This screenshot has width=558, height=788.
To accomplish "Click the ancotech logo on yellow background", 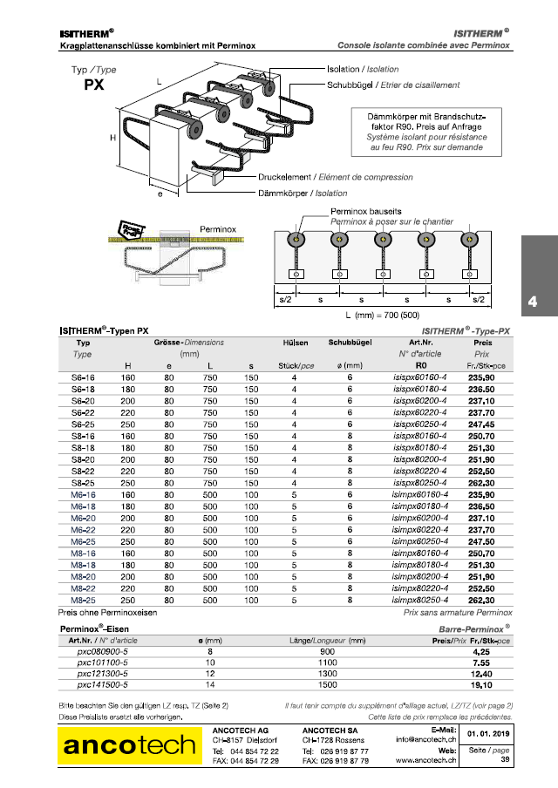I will pyautogui.click(x=128, y=745).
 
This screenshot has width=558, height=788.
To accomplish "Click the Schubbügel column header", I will pyautogui.click(x=352, y=343).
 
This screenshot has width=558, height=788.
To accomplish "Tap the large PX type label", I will pyautogui.click(x=95, y=85).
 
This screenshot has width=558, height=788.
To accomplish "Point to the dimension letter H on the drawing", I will pyautogui.click(x=112, y=138).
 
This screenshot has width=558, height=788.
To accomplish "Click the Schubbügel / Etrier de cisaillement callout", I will pyautogui.click(x=393, y=85).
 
